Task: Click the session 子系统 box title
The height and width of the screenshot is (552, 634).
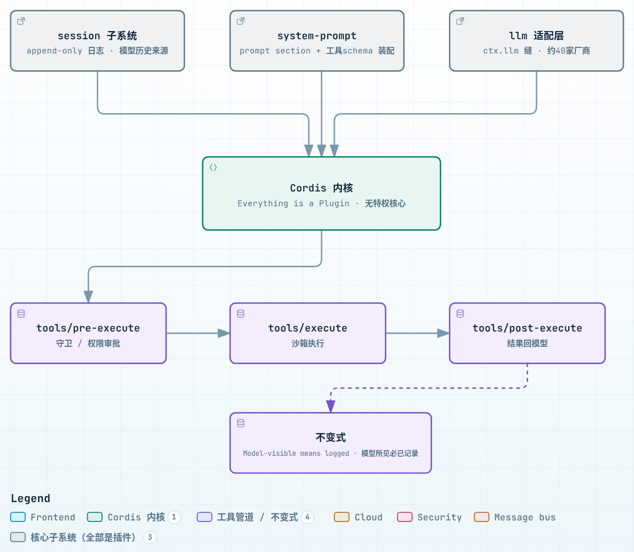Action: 97,36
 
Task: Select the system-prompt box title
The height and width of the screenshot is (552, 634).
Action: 316,36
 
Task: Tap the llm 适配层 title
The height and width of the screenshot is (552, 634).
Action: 536,36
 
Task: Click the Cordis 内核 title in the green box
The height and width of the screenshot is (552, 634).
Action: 322,188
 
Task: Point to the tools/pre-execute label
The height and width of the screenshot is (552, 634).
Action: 88,328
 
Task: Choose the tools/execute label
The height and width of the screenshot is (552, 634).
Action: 308,328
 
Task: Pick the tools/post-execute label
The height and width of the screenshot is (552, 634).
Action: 527,328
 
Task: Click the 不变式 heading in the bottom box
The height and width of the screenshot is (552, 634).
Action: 331,437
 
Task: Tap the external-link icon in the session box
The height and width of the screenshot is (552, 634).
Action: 21,21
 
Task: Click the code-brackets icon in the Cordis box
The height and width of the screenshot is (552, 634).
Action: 213,168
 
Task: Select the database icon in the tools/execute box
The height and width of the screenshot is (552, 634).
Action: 241,314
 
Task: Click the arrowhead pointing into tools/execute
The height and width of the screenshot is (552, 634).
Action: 224,333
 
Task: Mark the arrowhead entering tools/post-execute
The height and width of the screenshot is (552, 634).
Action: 443,333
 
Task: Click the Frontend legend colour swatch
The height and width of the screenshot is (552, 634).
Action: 18,517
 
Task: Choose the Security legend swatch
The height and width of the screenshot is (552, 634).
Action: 405,517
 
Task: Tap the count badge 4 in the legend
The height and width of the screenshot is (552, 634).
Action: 307,517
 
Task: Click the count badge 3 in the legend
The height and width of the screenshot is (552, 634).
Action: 150,537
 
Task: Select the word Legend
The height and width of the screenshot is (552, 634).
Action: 31,498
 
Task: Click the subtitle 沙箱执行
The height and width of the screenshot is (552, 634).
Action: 308,343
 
